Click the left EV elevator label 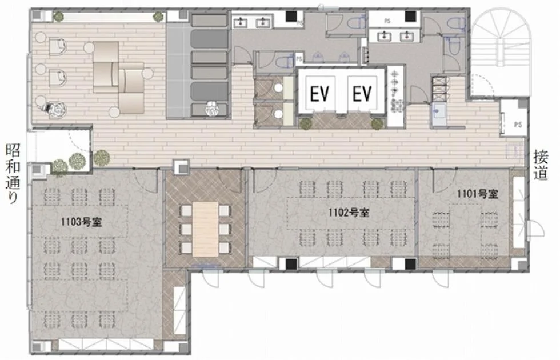(319, 94)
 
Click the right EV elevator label (362, 94)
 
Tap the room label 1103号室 (81, 222)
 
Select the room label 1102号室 (349, 213)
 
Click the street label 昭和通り (13, 173)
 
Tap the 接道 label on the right (541, 165)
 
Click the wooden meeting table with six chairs (205, 229)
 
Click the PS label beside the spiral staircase (518, 125)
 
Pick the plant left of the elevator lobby (305, 123)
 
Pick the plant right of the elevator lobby (377, 123)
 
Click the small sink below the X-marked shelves (439, 113)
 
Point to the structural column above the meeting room (181, 167)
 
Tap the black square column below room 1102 (291, 264)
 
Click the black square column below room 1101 (411, 264)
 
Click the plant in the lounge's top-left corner (58, 17)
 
